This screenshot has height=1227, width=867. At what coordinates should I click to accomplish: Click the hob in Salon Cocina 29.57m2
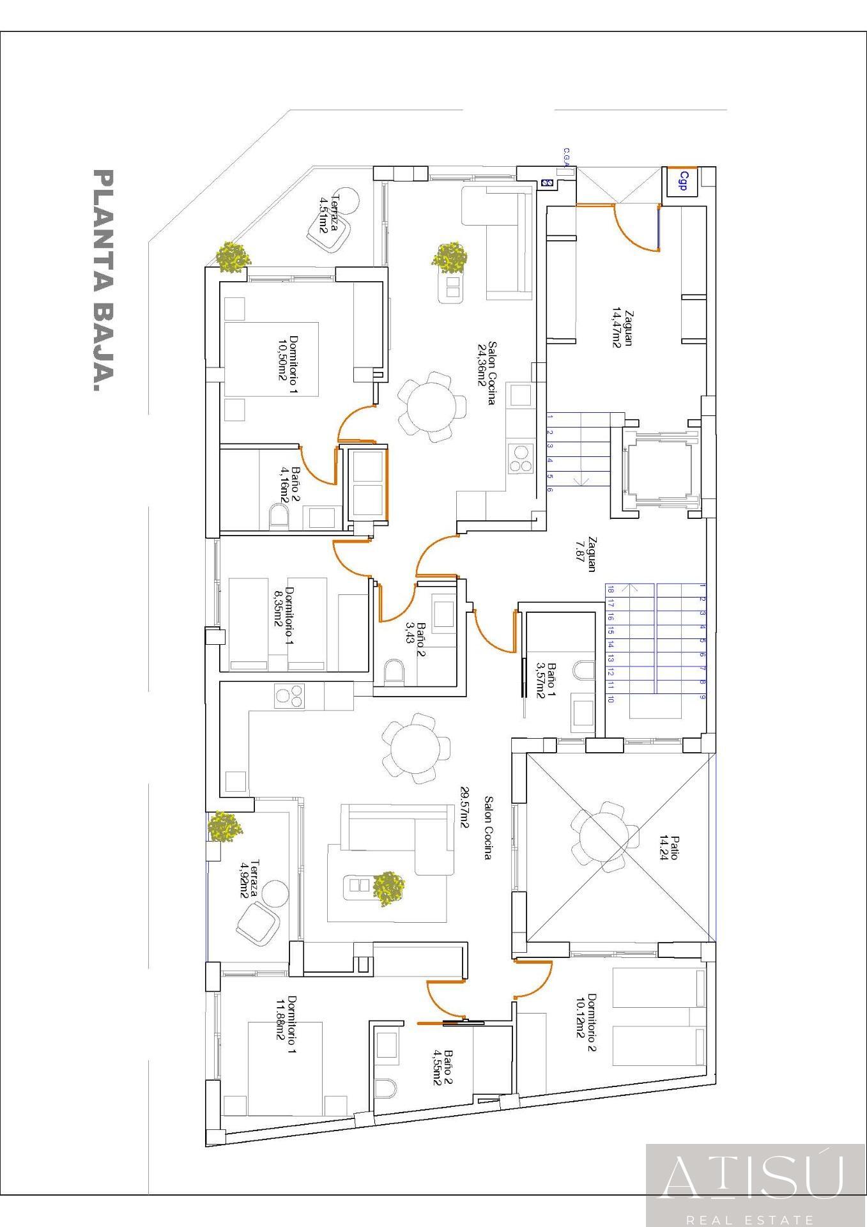(x=289, y=696)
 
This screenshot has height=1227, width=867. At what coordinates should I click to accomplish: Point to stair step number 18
(x=611, y=589)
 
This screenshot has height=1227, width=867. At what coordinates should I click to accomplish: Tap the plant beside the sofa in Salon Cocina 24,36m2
(x=450, y=258)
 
